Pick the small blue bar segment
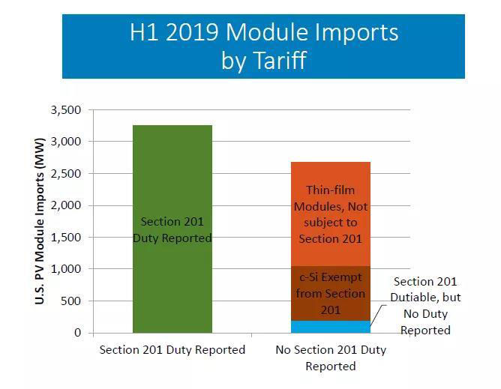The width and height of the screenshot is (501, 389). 331,327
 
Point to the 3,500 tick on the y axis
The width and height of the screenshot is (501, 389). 65,110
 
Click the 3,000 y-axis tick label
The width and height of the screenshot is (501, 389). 65,142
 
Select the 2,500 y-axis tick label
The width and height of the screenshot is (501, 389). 65,174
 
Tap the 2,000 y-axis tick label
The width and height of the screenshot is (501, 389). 65,205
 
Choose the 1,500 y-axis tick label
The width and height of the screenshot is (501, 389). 65,238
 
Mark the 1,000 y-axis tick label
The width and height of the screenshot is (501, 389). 65,269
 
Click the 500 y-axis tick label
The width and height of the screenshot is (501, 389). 71,301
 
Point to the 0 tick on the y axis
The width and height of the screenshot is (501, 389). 77,333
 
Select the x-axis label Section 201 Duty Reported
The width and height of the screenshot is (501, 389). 172,350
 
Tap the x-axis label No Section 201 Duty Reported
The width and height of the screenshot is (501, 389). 331,358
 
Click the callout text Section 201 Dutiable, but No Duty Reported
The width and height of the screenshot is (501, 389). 425,306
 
